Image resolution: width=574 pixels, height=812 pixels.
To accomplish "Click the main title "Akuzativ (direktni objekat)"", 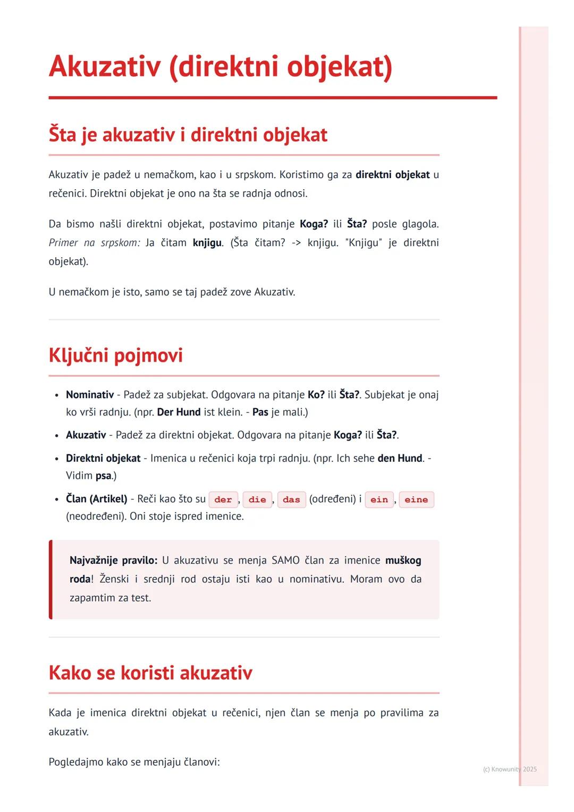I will [x=221, y=67].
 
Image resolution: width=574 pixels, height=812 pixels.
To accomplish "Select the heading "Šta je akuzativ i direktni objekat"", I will [x=188, y=135].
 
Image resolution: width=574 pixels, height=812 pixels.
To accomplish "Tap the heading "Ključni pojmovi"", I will [x=115, y=356].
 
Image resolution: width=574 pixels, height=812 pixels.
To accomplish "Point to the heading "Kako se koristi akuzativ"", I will [x=150, y=673].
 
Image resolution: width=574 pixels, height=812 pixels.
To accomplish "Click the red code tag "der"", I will [x=223, y=500].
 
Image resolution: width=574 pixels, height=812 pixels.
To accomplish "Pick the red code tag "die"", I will [x=257, y=500].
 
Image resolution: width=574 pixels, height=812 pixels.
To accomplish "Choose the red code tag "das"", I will [x=291, y=500].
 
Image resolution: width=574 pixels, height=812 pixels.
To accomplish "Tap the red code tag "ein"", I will [x=379, y=500].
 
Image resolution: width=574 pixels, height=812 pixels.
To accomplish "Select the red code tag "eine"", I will [x=416, y=500].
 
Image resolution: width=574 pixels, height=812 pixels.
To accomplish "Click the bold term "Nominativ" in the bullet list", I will [x=90, y=395].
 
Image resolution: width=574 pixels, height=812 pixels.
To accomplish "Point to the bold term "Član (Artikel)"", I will [x=97, y=499].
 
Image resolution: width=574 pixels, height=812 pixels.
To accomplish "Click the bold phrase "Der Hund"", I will [x=179, y=412].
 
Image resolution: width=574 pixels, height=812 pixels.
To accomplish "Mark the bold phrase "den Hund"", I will [x=400, y=458].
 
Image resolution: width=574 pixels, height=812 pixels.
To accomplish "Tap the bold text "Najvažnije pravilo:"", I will [x=113, y=561].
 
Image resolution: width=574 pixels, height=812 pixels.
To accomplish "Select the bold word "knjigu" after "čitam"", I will [x=207, y=243].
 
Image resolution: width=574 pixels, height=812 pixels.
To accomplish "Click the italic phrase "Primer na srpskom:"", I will [x=95, y=243].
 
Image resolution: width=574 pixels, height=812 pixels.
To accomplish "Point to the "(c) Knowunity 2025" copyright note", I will [x=510, y=769].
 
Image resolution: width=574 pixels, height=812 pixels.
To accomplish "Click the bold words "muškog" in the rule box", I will [x=403, y=561].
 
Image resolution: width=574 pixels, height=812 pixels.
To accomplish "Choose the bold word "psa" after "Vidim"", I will [x=104, y=476].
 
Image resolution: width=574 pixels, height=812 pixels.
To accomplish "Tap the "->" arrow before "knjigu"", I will [x=296, y=243].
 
